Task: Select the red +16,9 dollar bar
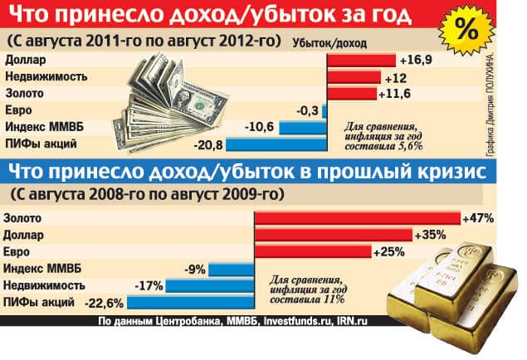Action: click(360, 61)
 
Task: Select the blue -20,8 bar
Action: click(275, 145)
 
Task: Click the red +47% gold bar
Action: click(357, 218)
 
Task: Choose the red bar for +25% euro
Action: click(312, 251)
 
